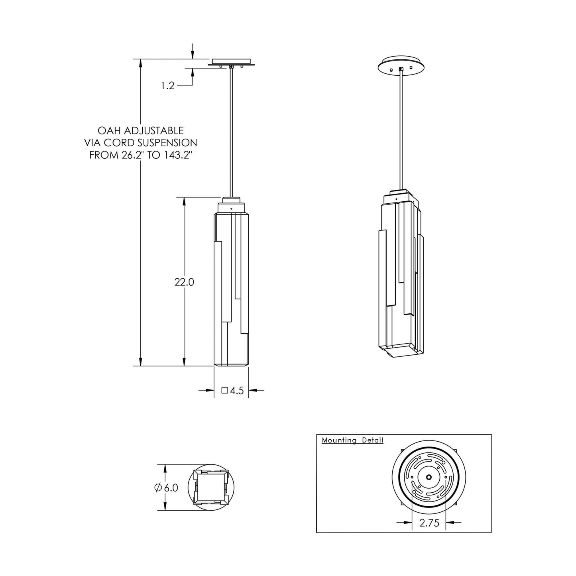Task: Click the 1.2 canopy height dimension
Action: [168, 85]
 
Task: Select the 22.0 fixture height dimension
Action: [184, 282]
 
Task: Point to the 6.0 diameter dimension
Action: [171, 488]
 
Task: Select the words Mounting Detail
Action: [352, 440]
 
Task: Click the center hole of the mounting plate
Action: [429, 477]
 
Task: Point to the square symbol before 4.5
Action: [224, 391]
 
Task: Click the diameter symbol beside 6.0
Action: [157, 488]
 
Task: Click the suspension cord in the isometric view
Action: [400, 132]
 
